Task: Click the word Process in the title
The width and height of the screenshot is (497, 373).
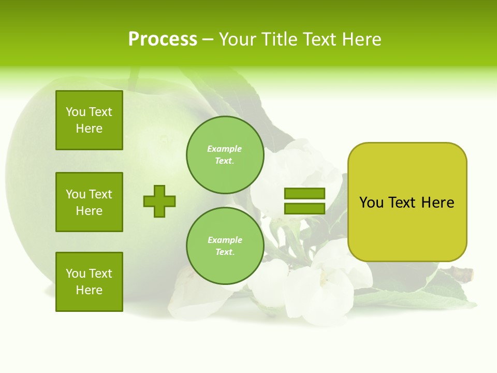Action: (163, 39)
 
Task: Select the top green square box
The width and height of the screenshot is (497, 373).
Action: (89, 120)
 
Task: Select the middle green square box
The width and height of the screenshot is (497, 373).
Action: (89, 202)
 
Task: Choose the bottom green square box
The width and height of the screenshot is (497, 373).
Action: (89, 282)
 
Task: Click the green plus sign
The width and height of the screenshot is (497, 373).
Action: (159, 201)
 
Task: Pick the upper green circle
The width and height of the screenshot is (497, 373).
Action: (225, 155)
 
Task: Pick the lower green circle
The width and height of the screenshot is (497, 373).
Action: (225, 246)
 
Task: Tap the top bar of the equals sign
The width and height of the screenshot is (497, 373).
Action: (304, 194)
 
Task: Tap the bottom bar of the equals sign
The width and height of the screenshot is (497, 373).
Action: (304, 208)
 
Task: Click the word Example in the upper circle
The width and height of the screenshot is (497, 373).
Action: (224, 149)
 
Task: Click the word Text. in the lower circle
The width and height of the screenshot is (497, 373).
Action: (225, 252)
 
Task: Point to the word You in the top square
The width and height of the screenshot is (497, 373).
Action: (76, 112)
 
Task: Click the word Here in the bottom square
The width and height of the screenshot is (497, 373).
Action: (89, 290)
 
